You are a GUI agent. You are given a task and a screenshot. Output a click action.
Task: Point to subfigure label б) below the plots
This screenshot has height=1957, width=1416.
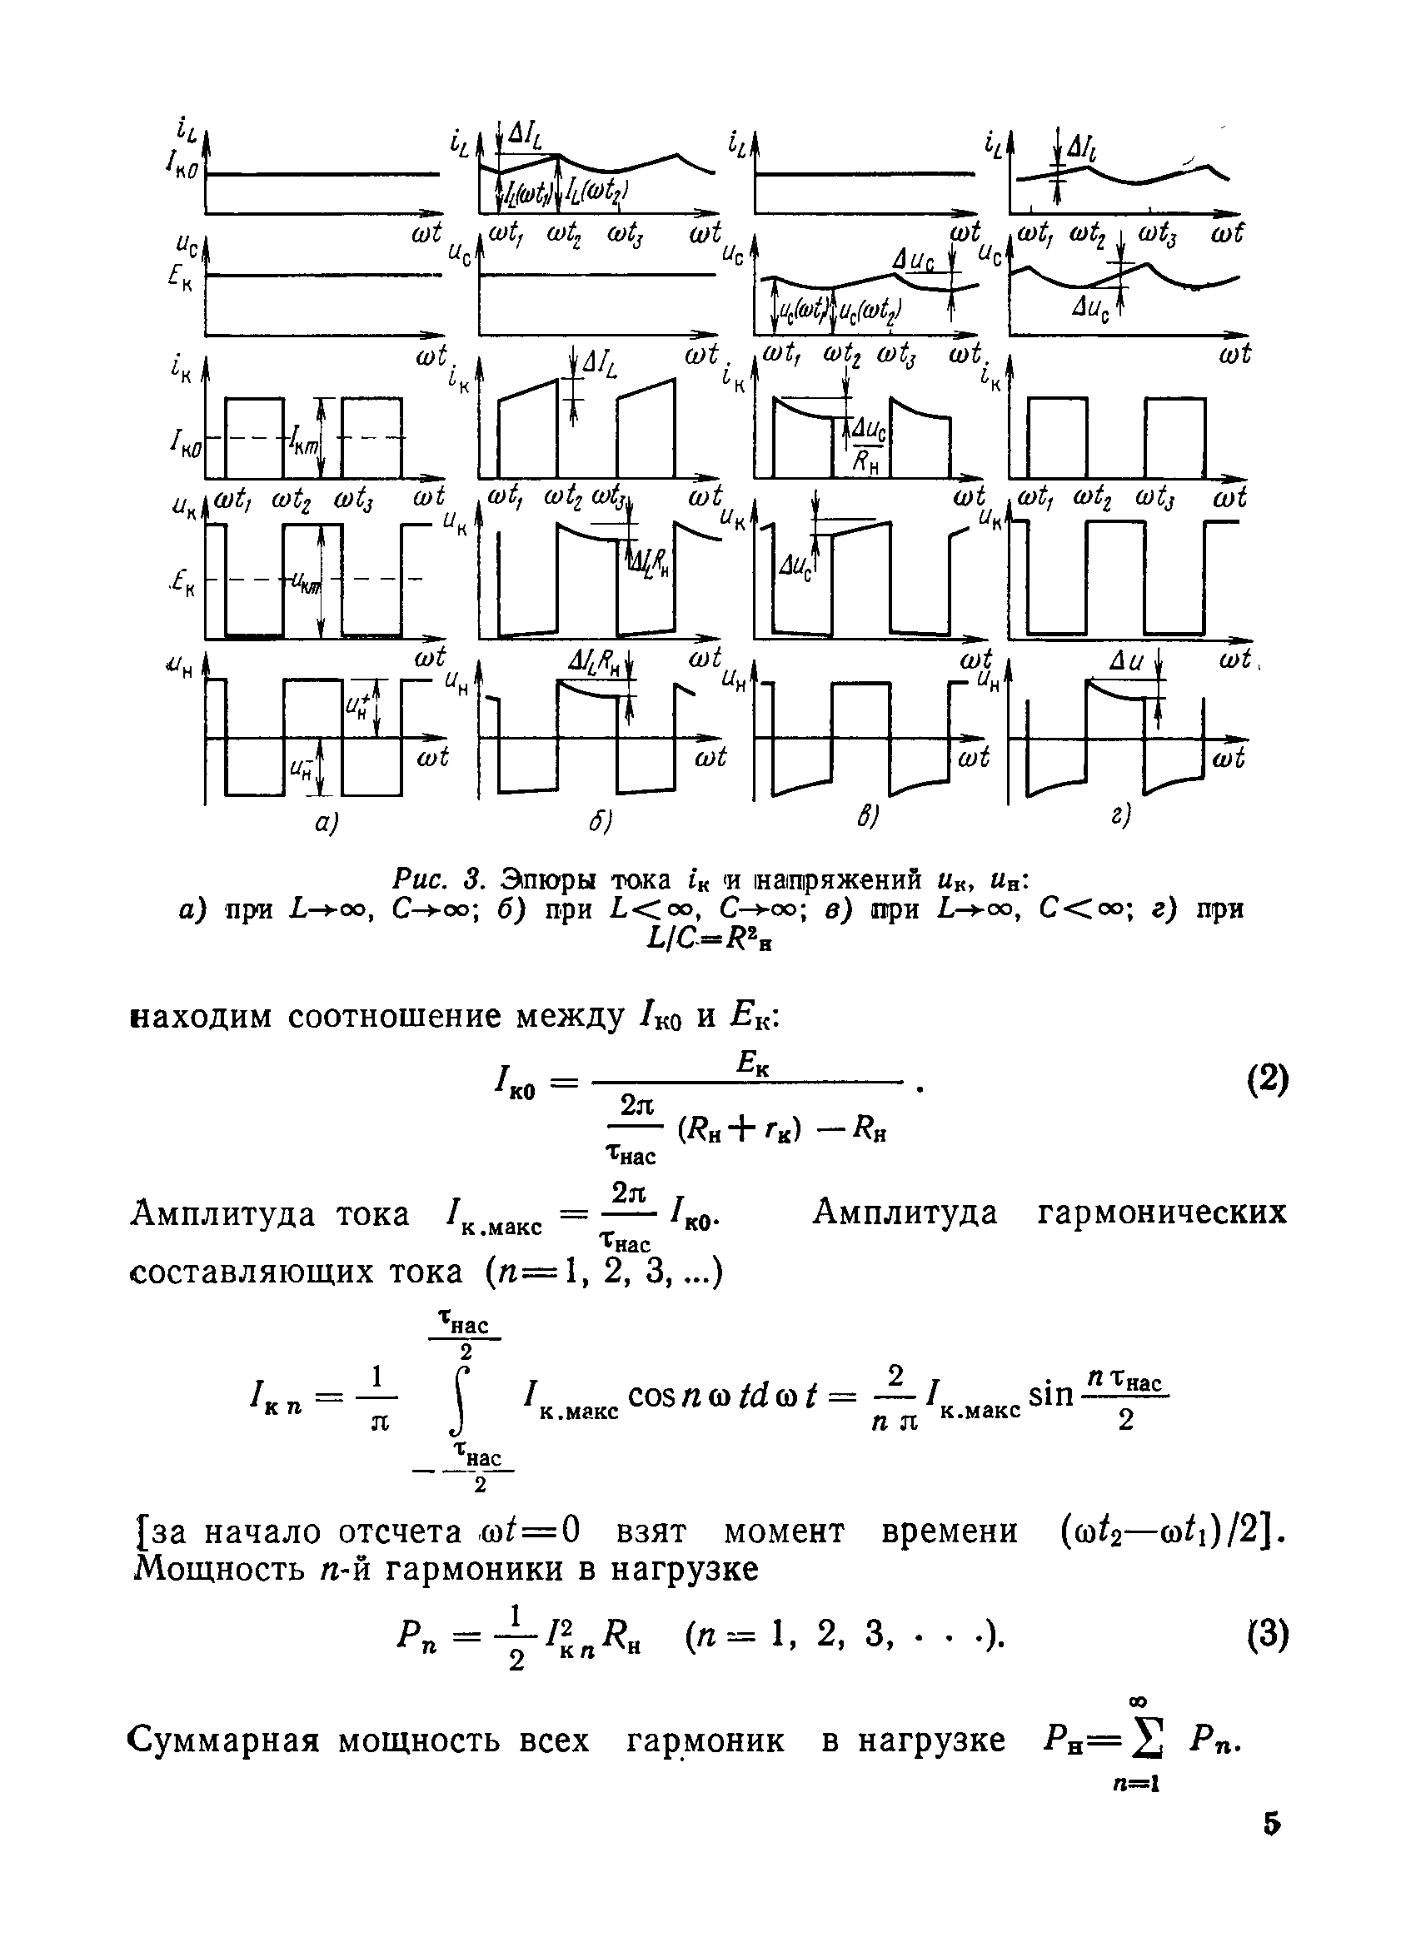tap(601, 822)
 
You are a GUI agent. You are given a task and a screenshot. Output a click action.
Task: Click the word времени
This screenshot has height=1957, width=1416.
tap(950, 1531)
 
